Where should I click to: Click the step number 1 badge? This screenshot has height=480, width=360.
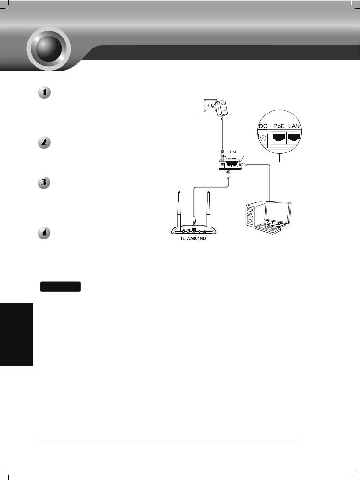click(44, 93)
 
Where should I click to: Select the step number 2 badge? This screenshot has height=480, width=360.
click(44, 143)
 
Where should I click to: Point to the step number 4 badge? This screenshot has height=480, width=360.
click(44, 233)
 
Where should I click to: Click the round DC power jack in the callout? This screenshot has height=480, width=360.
click(263, 139)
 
